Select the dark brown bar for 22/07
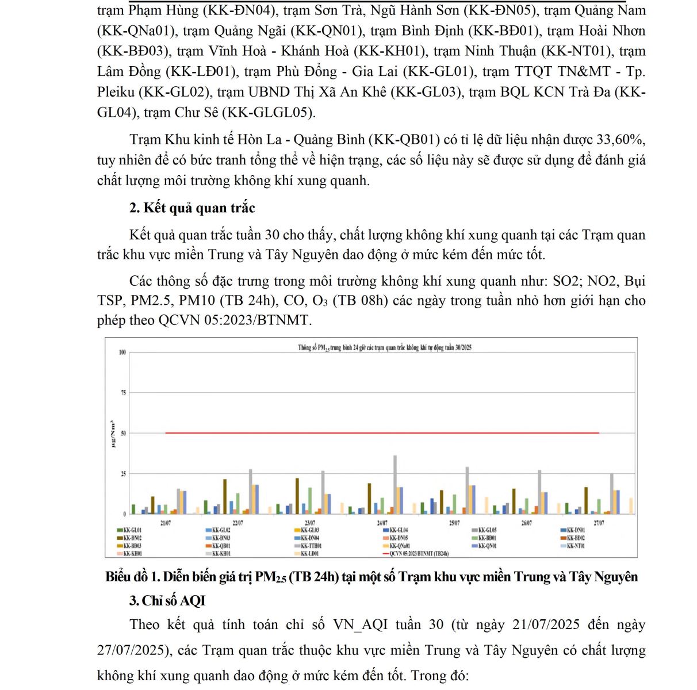pyautogui.click(x=225, y=496)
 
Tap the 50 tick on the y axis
pyautogui.click(x=122, y=433)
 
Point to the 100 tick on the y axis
pyautogui.click(x=122, y=352)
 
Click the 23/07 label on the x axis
pyautogui.click(x=309, y=523)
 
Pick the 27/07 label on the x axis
pyautogui.click(x=599, y=523)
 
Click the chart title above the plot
pyautogui.click(x=385, y=347)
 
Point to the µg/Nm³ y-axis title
pyautogui.click(x=113, y=433)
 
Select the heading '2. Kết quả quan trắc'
pyautogui.click(x=192, y=208)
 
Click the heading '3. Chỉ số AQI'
pyautogui.click(x=167, y=600)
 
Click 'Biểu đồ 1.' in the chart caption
pyautogui.click(x=132, y=577)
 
